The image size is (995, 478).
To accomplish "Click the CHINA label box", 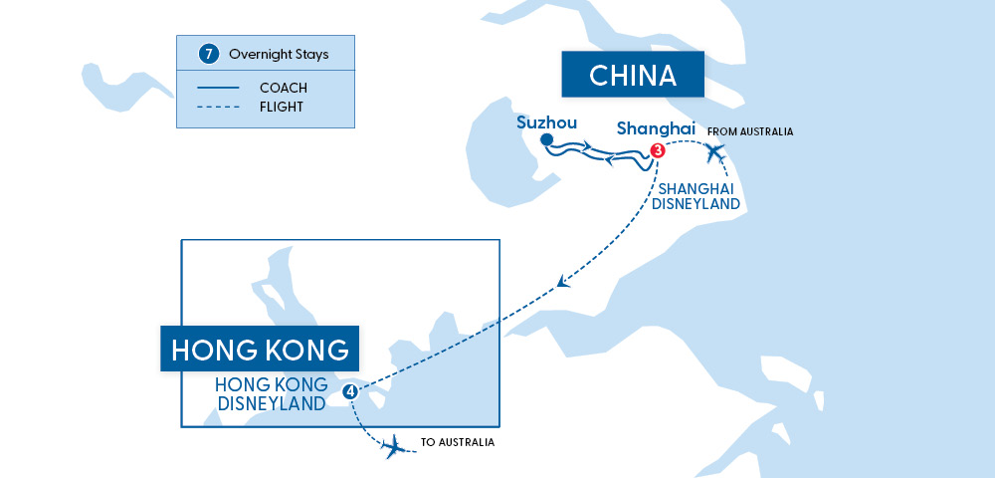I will click(632, 75).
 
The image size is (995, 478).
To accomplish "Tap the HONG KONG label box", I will click(260, 350).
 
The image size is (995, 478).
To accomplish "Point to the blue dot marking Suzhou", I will click(546, 141).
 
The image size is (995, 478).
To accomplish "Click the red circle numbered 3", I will click(657, 151).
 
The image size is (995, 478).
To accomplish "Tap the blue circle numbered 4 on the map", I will click(349, 391).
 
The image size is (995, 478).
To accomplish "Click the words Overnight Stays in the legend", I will click(279, 54).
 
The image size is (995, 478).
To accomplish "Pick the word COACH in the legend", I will click(283, 88).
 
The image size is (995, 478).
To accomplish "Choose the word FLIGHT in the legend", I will click(282, 107).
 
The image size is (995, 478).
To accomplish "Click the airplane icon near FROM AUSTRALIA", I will click(714, 154).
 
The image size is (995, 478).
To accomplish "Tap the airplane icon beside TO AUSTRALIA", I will click(395, 445).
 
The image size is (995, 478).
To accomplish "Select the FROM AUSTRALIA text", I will click(749, 131).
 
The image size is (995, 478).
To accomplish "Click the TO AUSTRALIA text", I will click(458, 442).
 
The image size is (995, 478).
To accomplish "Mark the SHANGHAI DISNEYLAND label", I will click(696, 196).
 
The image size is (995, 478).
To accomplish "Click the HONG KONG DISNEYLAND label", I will click(270, 394).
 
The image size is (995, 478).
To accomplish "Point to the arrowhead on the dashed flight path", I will click(564, 282).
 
